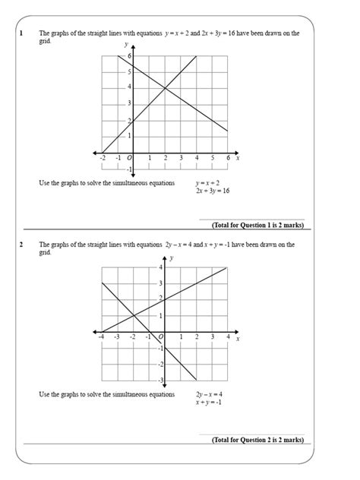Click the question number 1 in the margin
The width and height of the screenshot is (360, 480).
click(x=23, y=33)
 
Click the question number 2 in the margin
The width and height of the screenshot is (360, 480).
click(x=23, y=245)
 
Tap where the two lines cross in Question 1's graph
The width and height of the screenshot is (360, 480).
click(x=165, y=87)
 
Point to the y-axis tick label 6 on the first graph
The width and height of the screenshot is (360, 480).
click(x=130, y=56)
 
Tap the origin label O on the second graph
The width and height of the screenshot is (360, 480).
click(x=160, y=335)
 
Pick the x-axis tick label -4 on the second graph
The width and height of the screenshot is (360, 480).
click(x=102, y=335)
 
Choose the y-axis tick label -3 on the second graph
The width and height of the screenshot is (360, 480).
click(x=159, y=380)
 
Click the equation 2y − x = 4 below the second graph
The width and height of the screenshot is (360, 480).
click(x=209, y=394)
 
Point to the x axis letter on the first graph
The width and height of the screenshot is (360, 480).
click(x=238, y=157)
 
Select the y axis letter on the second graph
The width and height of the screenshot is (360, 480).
click(x=172, y=259)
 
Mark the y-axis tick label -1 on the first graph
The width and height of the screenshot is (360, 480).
click(x=129, y=168)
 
